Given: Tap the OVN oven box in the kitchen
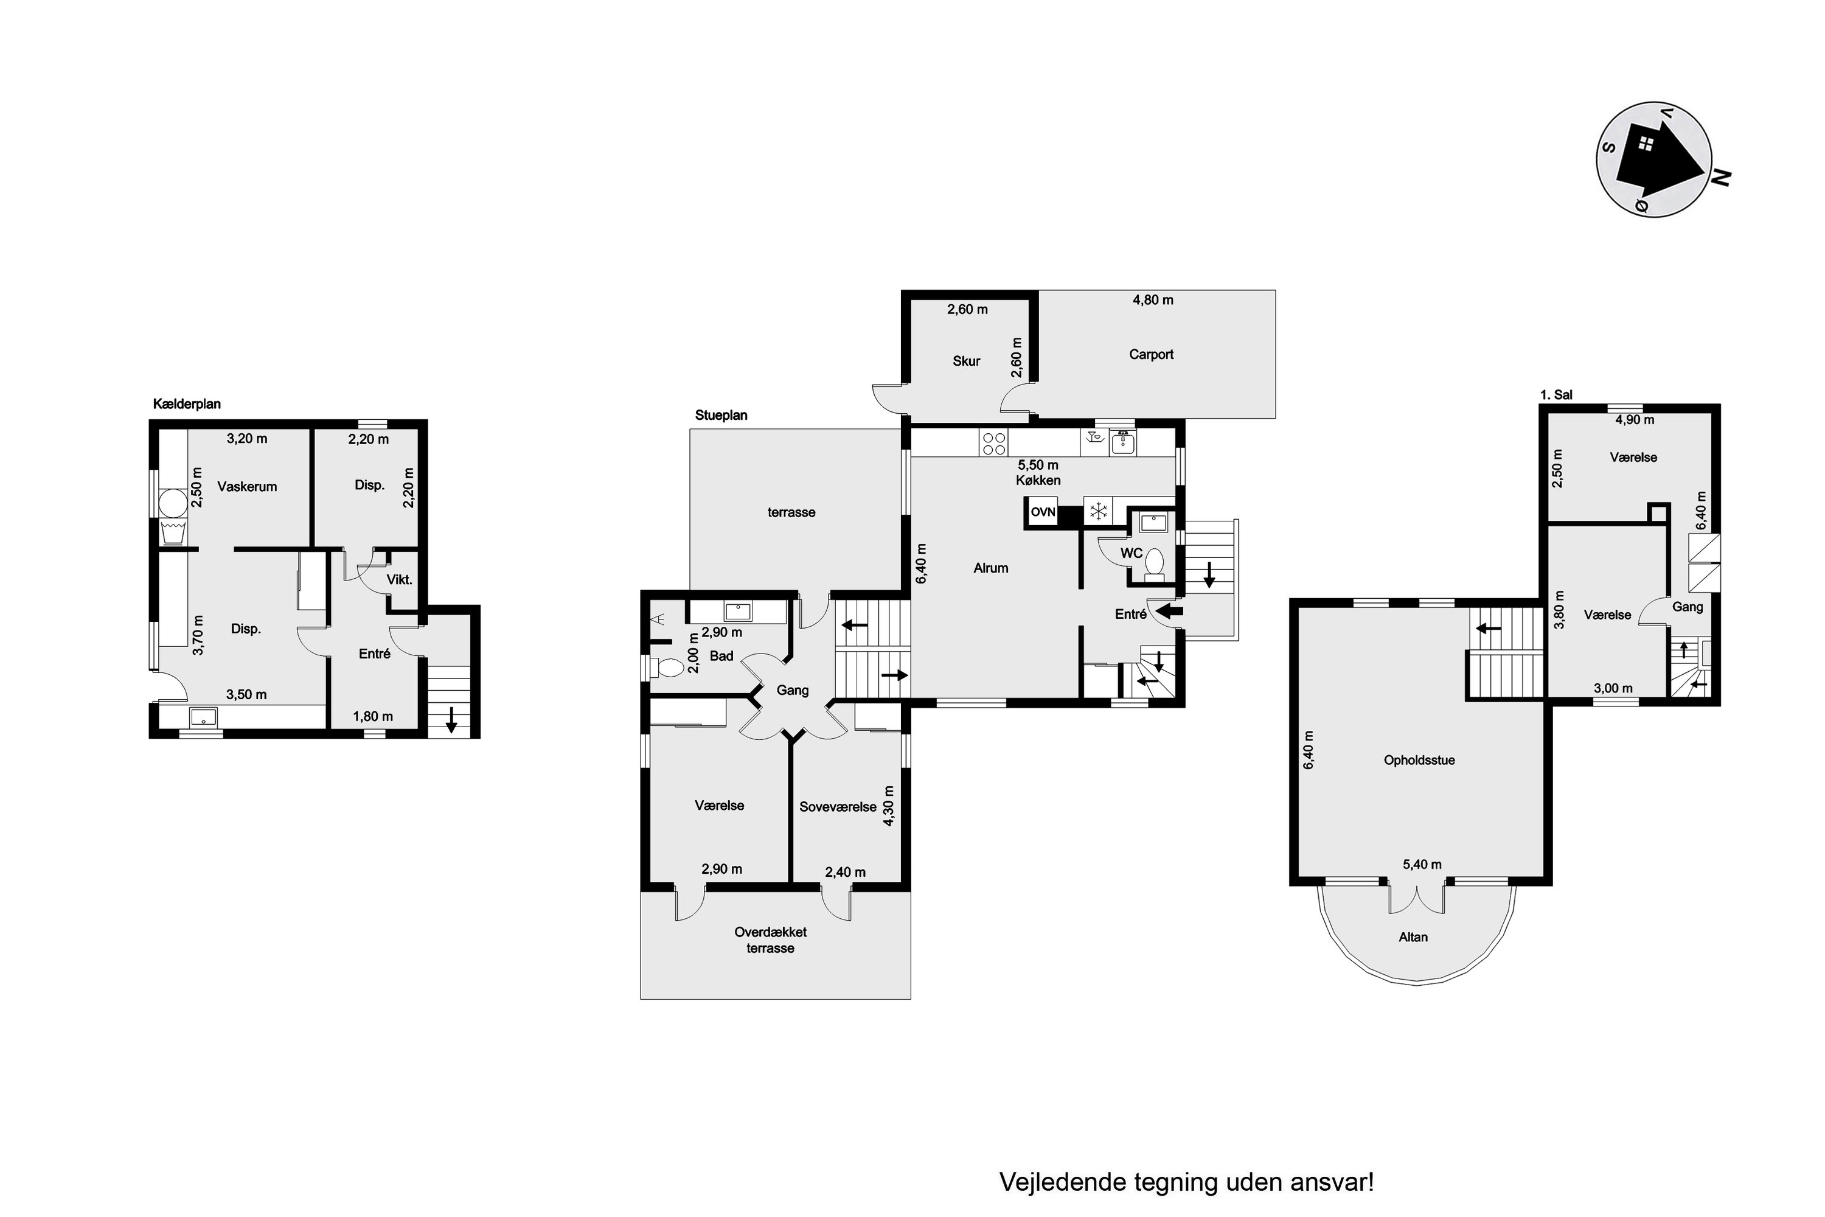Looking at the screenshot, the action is tap(1043, 513).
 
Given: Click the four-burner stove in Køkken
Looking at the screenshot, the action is tap(994, 443).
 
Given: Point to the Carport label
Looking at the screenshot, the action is tap(1151, 355).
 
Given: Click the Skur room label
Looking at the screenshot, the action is tap(966, 361).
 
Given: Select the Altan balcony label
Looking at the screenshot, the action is tap(1413, 937).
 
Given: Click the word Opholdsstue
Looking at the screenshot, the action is tap(1419, 761).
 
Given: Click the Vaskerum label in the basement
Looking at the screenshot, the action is tap(247, 487).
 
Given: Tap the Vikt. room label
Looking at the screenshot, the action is tap(400, 580).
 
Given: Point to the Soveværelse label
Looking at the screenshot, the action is tap(838, 807).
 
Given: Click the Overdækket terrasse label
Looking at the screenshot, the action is tap(771, 940).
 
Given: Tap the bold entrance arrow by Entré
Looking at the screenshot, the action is tap(1169, 612).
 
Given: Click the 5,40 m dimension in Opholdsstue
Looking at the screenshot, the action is tap(1422, 865).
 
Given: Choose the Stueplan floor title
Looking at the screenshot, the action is tap(721, 415).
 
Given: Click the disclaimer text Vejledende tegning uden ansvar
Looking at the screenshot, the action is tap(1186, 1182).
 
